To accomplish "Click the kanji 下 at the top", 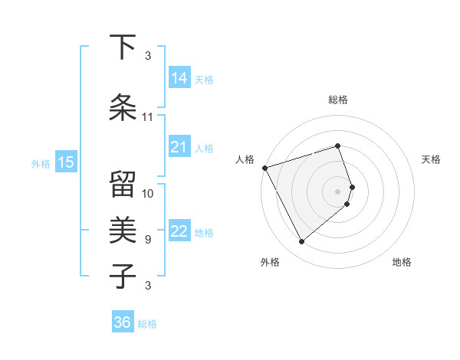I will (123, 47).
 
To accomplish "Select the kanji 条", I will (123, 108).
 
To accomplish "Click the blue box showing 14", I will (179, 78).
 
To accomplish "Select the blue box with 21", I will (179, 148).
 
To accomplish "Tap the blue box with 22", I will (179, 231).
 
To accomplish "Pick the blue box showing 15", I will (65, 162).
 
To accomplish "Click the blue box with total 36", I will (123, 322).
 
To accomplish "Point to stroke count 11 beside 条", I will (148, 117).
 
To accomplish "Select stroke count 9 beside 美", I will (148, 240).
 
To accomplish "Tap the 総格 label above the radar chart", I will (338, 100).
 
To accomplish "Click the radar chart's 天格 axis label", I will (431, 159).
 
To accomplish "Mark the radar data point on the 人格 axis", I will (264, 168).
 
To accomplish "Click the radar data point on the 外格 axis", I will (301, 241).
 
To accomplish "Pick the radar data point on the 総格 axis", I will (338, 146).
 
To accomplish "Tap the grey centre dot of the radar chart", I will (338, 191).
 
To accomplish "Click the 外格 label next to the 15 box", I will (40, 163).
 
